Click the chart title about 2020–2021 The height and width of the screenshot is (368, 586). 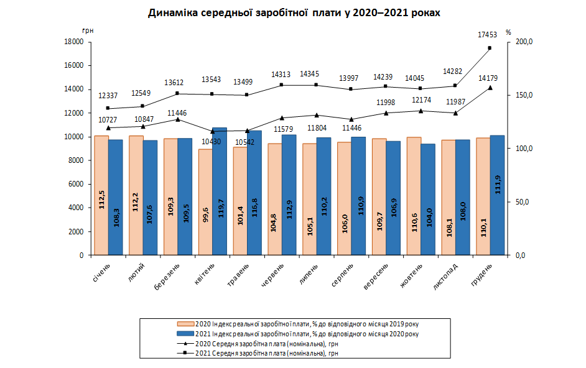[294, 13]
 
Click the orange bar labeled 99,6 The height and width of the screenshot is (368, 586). [205, 202]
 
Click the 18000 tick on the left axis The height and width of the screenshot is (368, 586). [74, 42]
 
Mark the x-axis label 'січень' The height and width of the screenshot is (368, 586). [101, 272]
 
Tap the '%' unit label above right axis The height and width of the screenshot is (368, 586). [508, 32]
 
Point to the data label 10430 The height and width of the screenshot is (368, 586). [211, 142]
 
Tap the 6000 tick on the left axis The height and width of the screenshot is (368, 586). [76, 184]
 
